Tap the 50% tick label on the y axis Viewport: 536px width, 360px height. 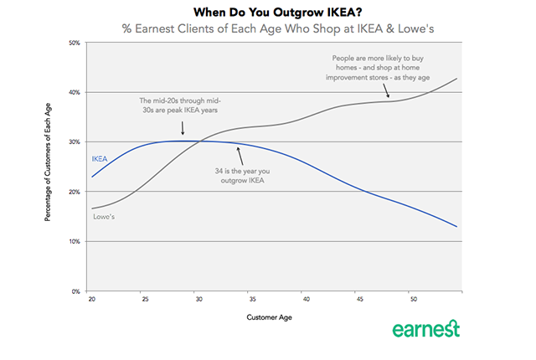(75, 42)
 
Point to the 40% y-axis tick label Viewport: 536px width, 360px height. (75, 92)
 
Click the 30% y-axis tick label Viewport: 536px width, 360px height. (75, 141)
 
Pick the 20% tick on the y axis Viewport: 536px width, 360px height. (75, 192)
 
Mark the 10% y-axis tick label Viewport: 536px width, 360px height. (75, 241)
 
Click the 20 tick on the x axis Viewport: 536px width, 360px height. (92, 299)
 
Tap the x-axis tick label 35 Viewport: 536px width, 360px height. (252, 299)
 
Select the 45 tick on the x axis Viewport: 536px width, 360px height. (358, 299)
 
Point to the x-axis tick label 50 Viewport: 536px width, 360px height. (412, 299)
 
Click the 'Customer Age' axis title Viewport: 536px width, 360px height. (270, 318)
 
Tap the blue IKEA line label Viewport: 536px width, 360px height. (100, 157)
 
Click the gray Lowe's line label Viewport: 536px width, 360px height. (103, 216)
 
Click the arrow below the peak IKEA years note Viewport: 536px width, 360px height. (183, 128)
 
